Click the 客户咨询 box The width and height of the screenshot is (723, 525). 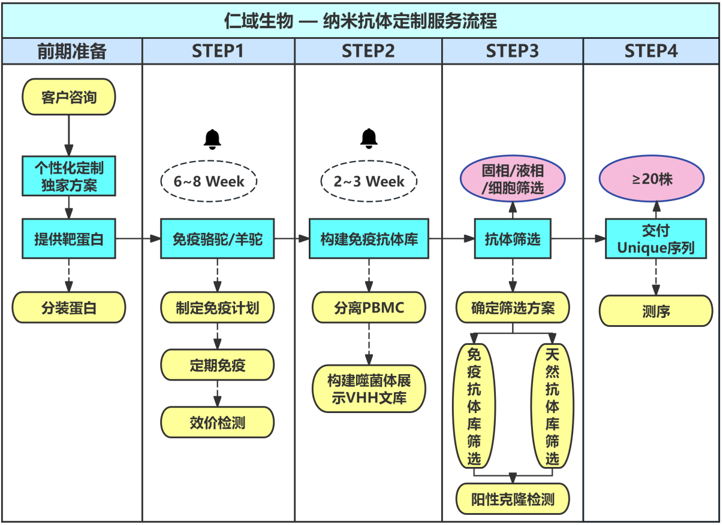68,96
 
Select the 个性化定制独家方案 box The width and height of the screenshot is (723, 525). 68,175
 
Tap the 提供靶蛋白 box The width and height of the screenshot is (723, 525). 68,239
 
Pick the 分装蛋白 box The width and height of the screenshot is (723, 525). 68,308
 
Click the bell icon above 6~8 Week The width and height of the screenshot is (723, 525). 212,138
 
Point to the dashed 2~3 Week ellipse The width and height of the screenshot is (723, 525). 369,181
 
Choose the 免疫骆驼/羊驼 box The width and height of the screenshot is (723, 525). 217,239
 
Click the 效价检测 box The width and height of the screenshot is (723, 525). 217,423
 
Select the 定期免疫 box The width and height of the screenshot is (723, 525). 217,365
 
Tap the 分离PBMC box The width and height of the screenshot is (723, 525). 369,308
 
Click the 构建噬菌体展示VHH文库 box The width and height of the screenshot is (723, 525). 369,389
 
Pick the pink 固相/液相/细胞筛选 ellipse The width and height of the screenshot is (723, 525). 513,180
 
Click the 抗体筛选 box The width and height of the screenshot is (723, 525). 513,239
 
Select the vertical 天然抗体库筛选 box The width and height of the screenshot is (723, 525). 552,405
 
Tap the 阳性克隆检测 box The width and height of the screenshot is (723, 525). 513,499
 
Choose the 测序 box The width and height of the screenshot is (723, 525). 656,311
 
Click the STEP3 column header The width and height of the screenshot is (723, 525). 513,51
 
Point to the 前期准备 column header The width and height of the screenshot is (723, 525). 72,51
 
